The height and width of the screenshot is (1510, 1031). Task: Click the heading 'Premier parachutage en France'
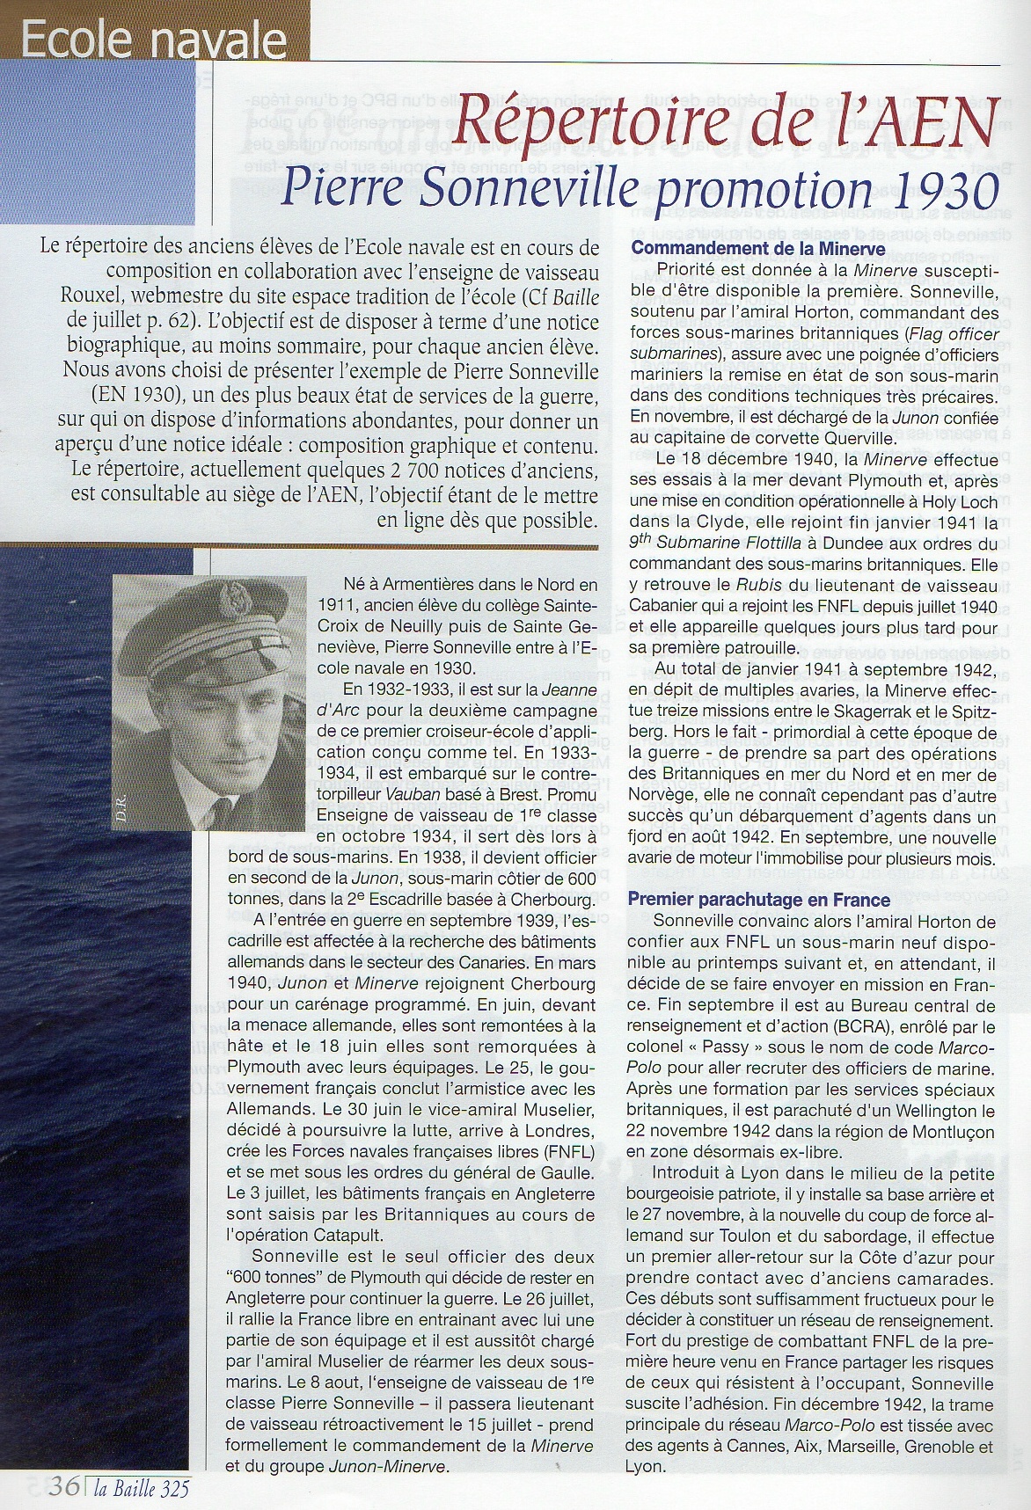pos(761,900)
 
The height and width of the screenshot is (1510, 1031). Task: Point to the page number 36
pos(62,1487)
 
